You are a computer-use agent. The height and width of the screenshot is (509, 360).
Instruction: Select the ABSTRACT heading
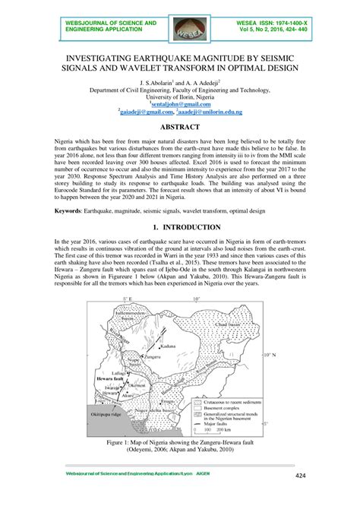point(180,128)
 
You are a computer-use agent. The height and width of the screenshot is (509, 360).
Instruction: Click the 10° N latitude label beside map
point(271,355)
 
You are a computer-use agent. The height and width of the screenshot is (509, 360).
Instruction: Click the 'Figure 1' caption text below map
point(179,442)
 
